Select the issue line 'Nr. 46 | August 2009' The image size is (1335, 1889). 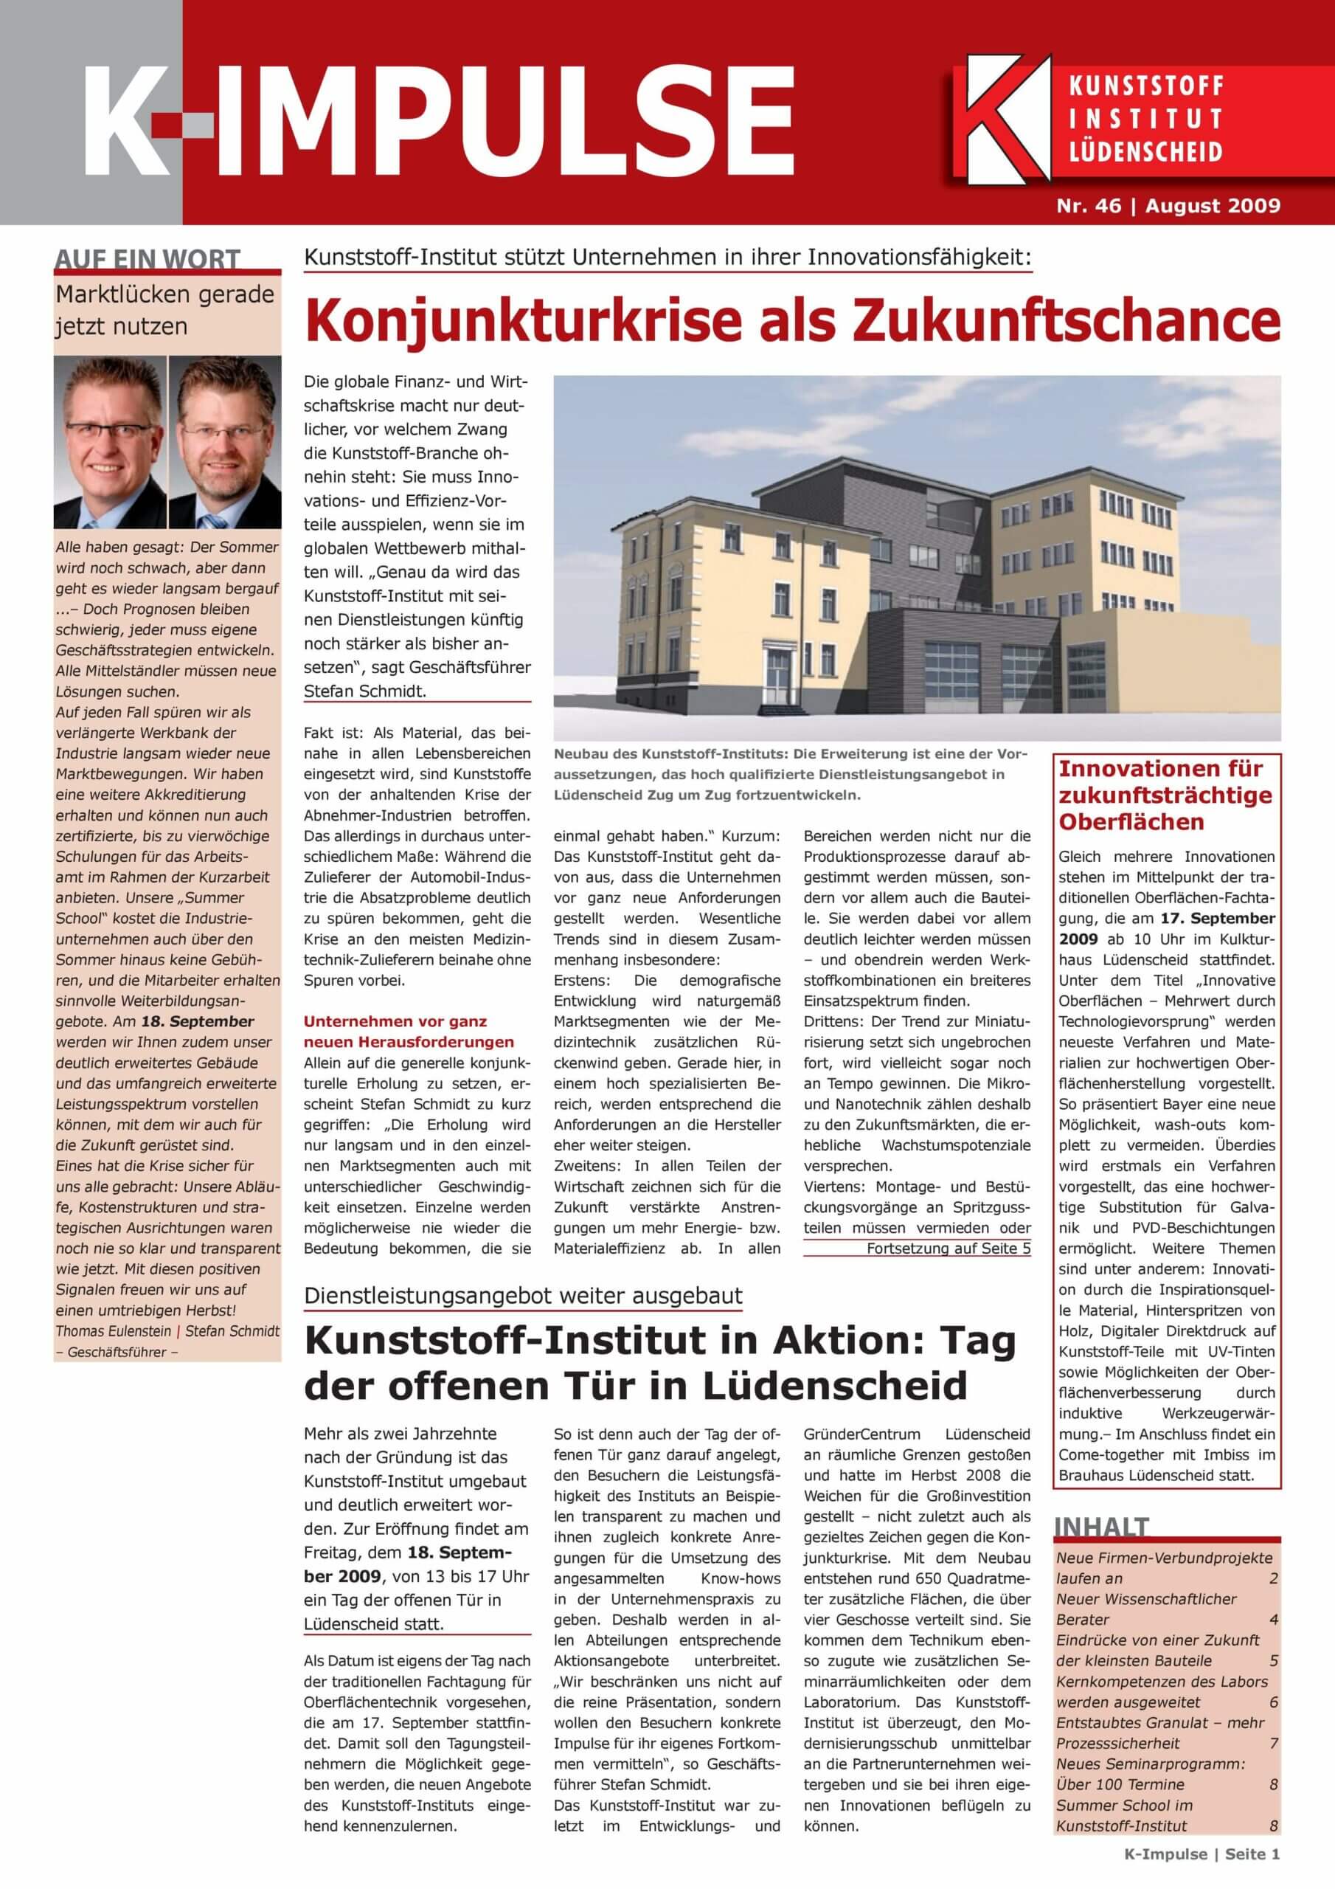pyautogui.click(x=1168, y=206)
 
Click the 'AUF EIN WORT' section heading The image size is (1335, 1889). pyautogui.click(x=148, y=259)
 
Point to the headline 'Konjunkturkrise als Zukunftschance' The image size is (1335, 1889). pyautogui.click(x=792, y=322)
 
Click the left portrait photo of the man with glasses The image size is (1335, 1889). pyautogui.click(x=110, y=442)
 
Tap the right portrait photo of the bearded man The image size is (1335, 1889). pyautogui.click(x=224, y=442)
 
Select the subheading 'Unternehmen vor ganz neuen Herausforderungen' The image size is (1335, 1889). pyautogui.click(x=408, y=1032)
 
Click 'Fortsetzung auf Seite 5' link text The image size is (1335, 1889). pyautogui.click(x=948, y=1249)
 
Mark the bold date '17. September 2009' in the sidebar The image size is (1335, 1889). pyautogui.click(x=1166, y=928)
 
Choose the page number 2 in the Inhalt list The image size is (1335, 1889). pyautogui.click(x=1273, y=1578)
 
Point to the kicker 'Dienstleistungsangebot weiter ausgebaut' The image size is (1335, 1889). pyautogui.click(x=523, y=1295)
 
